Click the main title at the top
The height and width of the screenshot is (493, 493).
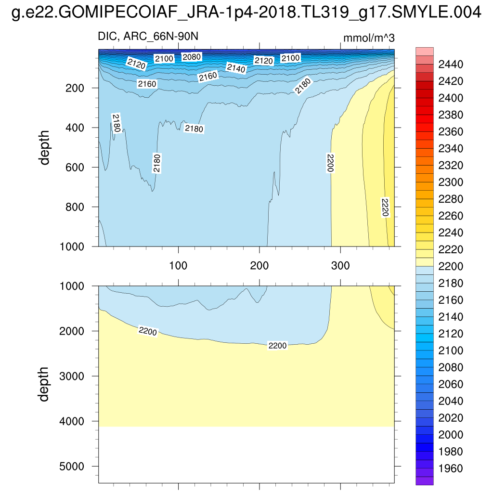coord(246,13)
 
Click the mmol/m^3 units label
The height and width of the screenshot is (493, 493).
coord(369,38)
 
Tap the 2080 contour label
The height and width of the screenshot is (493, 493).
coord(192,57)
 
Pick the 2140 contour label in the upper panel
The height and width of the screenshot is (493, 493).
coord(236,69)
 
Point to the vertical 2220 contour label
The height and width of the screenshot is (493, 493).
coord(385,208)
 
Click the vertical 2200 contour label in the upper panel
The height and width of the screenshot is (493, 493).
coord(330,163)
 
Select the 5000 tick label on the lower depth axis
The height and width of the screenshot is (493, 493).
coord(74,466)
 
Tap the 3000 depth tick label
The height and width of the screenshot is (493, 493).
coord(74,376)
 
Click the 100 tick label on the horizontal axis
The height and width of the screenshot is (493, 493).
coord(179,265)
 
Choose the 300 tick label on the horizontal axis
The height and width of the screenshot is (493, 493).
coord(340,265)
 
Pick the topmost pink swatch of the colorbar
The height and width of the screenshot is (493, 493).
coord(424,52)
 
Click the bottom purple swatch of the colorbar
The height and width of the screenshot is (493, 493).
coord(424,480)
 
